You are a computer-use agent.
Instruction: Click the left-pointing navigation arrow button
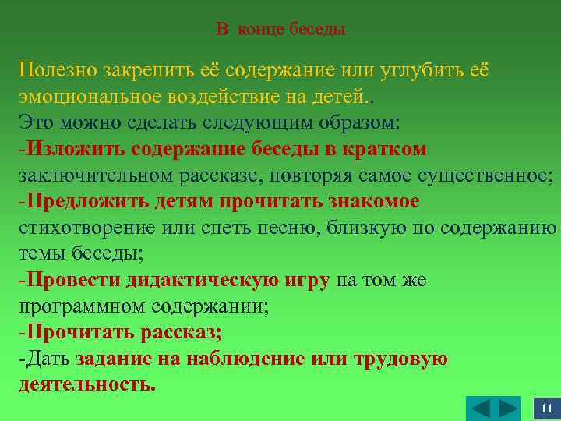(482, 409)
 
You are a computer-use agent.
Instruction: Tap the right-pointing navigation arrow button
(507, 409)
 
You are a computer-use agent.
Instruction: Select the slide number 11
(546, 409)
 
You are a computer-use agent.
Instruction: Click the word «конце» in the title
(261, 30)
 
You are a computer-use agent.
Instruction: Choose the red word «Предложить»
(83, 201)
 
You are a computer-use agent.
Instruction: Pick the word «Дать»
(48, 359)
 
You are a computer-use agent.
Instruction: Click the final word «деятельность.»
(86, 385)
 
